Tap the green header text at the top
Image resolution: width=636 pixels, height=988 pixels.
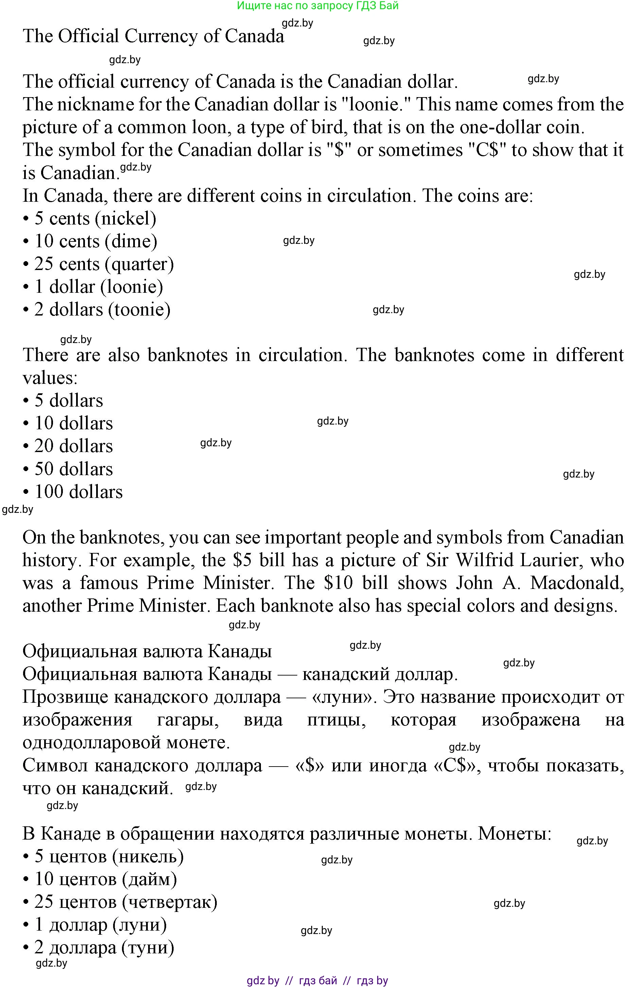coord(318,6)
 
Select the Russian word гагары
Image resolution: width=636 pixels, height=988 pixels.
coord(188,720)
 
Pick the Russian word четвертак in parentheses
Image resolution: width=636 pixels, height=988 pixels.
coord(170,902)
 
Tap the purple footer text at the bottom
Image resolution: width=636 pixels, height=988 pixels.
coord(317,981)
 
